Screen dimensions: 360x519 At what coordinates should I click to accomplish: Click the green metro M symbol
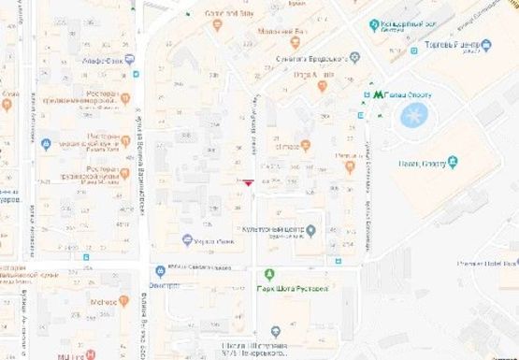378,94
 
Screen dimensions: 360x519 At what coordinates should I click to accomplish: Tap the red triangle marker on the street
247,183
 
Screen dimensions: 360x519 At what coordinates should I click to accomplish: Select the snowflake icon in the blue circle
412,115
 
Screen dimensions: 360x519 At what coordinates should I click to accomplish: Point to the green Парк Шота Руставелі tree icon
269,274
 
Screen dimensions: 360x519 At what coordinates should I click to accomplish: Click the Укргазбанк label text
213,239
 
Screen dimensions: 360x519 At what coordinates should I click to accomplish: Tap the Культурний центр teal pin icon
311,230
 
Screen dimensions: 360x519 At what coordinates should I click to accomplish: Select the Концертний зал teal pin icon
374,25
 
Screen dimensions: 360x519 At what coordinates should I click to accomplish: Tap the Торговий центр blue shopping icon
486,44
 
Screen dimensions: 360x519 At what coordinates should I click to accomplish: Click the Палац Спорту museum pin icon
453,162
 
